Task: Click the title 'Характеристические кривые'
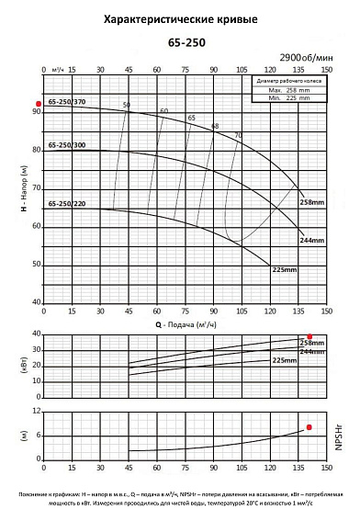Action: point(180,18)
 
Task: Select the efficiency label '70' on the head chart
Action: point(237,136)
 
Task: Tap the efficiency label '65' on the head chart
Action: point(192,118)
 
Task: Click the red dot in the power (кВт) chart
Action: point(309,336)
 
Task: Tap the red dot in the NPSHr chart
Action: point(309,427)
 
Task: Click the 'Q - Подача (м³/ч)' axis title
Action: point(180,323)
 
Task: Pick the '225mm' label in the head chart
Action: point(284,269)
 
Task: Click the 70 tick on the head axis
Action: point(37,187)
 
